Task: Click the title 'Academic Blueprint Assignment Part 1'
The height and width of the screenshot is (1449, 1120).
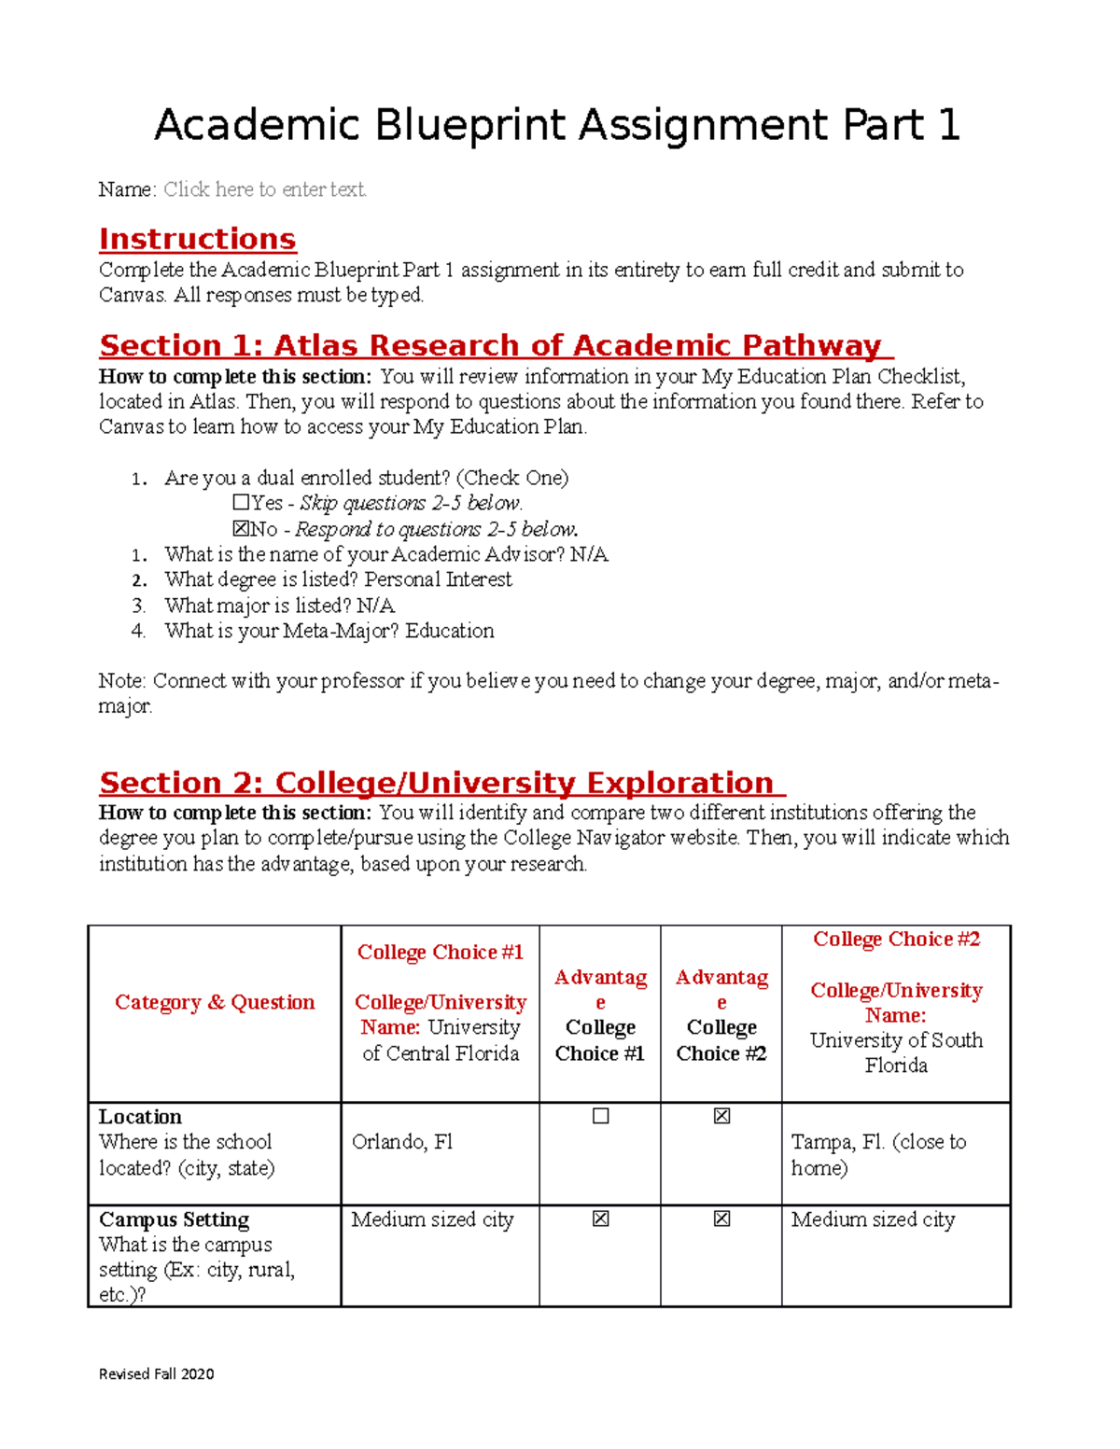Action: pos(556,125)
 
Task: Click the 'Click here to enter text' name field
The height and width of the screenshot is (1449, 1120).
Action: pos(265,189)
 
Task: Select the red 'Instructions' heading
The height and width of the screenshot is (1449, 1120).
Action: pos(197,240)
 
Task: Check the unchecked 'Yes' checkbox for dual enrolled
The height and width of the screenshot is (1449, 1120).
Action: pos(241,503)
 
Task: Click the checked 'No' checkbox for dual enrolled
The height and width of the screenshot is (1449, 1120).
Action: pos(241,529)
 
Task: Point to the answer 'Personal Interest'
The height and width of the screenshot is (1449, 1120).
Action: pos(438,579)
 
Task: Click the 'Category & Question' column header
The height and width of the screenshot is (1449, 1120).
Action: pos(215,1002)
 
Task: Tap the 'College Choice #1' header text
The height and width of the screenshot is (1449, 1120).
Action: pos(440,952)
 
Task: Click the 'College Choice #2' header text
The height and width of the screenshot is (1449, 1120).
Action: pos(896,939)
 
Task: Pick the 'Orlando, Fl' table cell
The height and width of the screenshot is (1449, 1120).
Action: pos(402,1142)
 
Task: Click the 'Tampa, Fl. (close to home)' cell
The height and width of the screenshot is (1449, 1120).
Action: pos(878,1154)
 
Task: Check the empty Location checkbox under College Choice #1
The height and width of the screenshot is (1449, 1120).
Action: pos(600,1116)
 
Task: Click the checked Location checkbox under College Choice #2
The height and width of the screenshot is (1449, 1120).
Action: pos(721,1116)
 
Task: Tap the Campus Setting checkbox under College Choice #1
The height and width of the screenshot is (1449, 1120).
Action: pos(600,1219)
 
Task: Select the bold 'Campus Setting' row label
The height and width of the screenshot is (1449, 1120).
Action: pos(174,1219)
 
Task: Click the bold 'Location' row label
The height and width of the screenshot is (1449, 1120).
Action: pos(140,1117)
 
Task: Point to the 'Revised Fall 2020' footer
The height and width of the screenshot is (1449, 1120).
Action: pos(156,1373)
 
